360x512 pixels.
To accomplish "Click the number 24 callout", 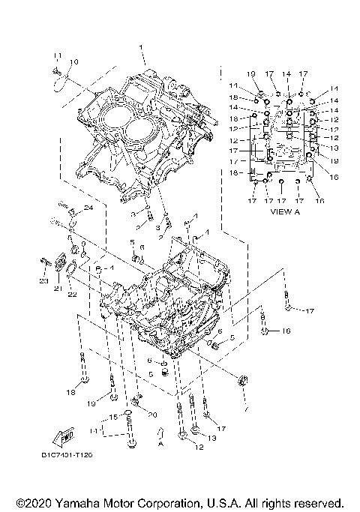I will click(x=88, y=208).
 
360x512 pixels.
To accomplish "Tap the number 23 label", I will click(x=43, y=282).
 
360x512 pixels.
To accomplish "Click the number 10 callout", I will click(x=73, y=61).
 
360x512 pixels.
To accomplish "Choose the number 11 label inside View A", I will click(x=233, y=85).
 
